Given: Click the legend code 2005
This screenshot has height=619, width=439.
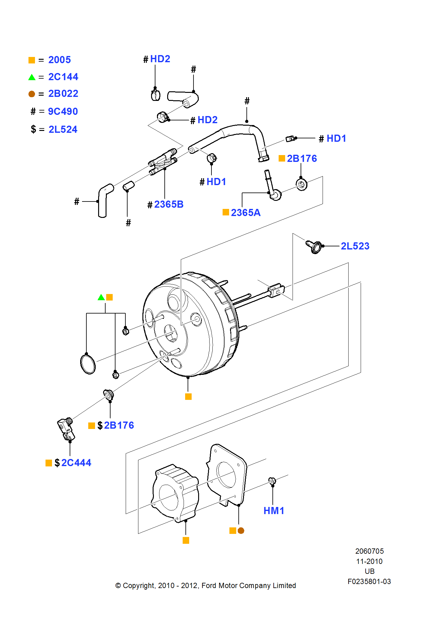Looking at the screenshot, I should tap(59, 60).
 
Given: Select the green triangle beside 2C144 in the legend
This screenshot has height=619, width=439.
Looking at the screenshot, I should tap(32, 77).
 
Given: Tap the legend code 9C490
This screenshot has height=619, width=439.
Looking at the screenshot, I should tap(63, 111).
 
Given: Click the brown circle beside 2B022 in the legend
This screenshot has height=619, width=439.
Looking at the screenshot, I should tap(32, 94).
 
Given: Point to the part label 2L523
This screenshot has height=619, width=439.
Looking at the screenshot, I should tap(355, 246).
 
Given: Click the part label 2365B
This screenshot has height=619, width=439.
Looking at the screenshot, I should tap(169, 204).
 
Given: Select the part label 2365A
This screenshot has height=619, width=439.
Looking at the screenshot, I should tap(246, 213).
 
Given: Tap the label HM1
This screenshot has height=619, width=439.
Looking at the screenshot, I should tap(274, 511).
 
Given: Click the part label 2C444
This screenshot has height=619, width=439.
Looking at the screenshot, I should tap(76, 463).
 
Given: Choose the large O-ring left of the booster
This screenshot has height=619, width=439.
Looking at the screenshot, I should tap(88, 364).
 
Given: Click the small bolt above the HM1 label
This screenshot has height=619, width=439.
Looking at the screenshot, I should tap(272, 481).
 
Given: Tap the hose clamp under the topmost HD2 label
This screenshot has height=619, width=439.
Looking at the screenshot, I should tap(155, 95).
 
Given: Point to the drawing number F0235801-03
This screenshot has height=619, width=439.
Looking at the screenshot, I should tap(369, 582).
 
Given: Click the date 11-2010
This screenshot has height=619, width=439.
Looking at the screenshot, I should tap(369, 561).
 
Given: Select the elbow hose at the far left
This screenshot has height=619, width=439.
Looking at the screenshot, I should tap(104, 201).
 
